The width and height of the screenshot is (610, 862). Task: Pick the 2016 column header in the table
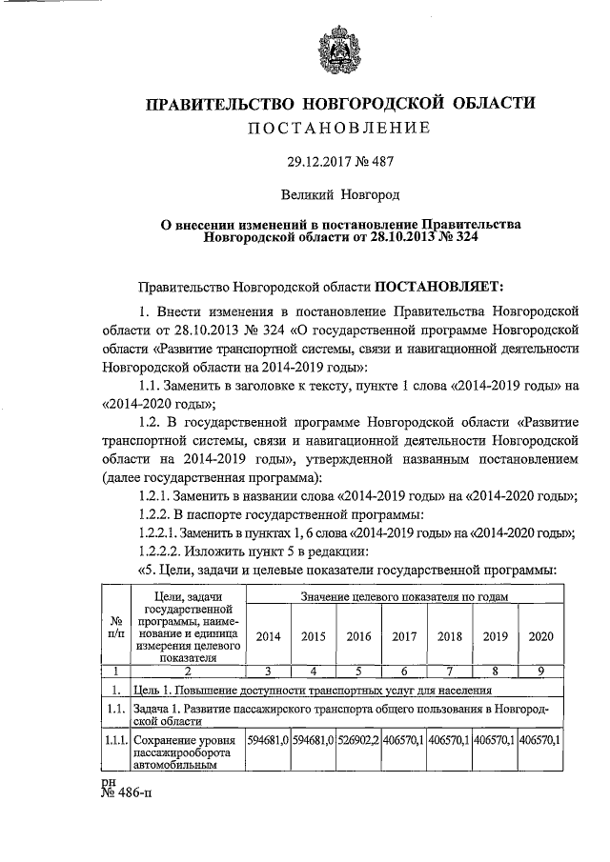pos(358,635)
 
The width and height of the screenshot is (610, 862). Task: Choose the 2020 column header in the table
pos(540,635)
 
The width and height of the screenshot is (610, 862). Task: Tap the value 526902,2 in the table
pos(358,738)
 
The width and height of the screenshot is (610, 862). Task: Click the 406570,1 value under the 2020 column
pos(540,738)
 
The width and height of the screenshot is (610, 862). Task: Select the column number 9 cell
pos(540,670)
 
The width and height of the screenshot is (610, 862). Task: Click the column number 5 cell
pos(358,670)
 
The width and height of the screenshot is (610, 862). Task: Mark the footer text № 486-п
pos(129,793)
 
